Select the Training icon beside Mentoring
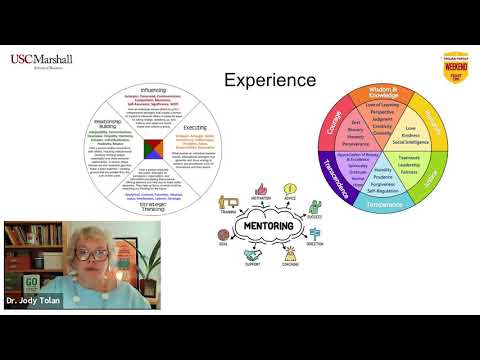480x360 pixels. click(228, 200)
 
